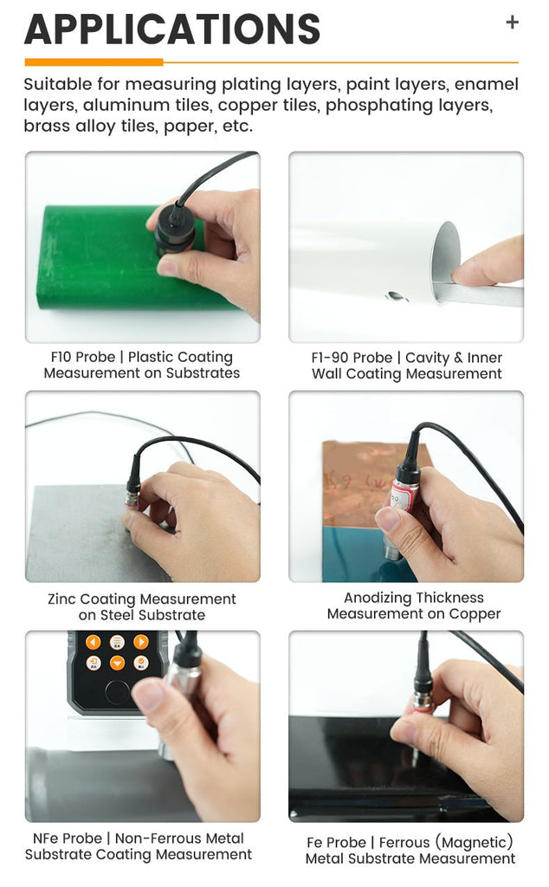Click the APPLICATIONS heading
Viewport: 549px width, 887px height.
pos(172,29)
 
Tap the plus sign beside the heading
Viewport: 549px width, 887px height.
pos(513,22)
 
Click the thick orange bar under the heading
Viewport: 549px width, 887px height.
pos(94,62)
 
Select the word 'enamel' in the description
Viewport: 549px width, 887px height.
pos(487,84)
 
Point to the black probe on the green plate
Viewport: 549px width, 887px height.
pos(174,229)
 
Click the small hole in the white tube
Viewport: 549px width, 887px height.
pos(395,295)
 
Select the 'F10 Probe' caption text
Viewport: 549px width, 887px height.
pos(82,357)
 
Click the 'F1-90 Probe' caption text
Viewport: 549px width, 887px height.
pos(352,358)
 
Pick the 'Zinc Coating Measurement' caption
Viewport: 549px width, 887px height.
pos(142,599)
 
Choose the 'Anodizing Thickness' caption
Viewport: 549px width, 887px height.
pos(414,598)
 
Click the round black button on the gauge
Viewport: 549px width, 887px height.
pos(117,691)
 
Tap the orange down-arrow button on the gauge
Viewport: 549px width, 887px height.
pos(117,663)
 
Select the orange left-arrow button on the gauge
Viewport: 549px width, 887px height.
pos(94,642)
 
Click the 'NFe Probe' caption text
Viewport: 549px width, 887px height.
pos(68,838)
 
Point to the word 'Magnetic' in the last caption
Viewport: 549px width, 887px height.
pos(477,842)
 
